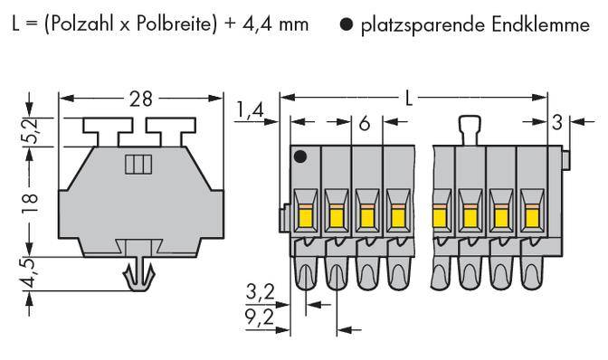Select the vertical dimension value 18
click(30, 200)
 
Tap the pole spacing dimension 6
click(364, 123)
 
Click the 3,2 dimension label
click(258, 292)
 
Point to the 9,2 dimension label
click(258, 317)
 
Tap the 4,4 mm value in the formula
click(268, 24)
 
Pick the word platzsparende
click(413, 24)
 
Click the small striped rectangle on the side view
click(136, 165)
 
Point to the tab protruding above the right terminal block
click(468, 128)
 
